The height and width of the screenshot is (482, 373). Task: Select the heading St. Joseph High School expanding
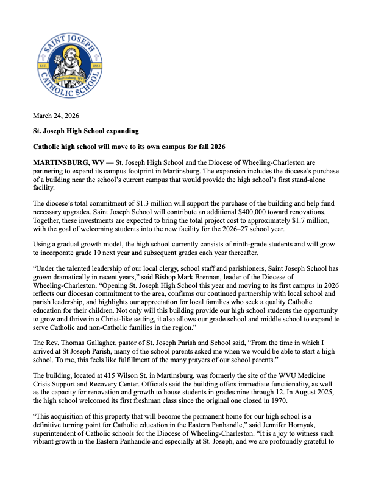coord(86,131)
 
